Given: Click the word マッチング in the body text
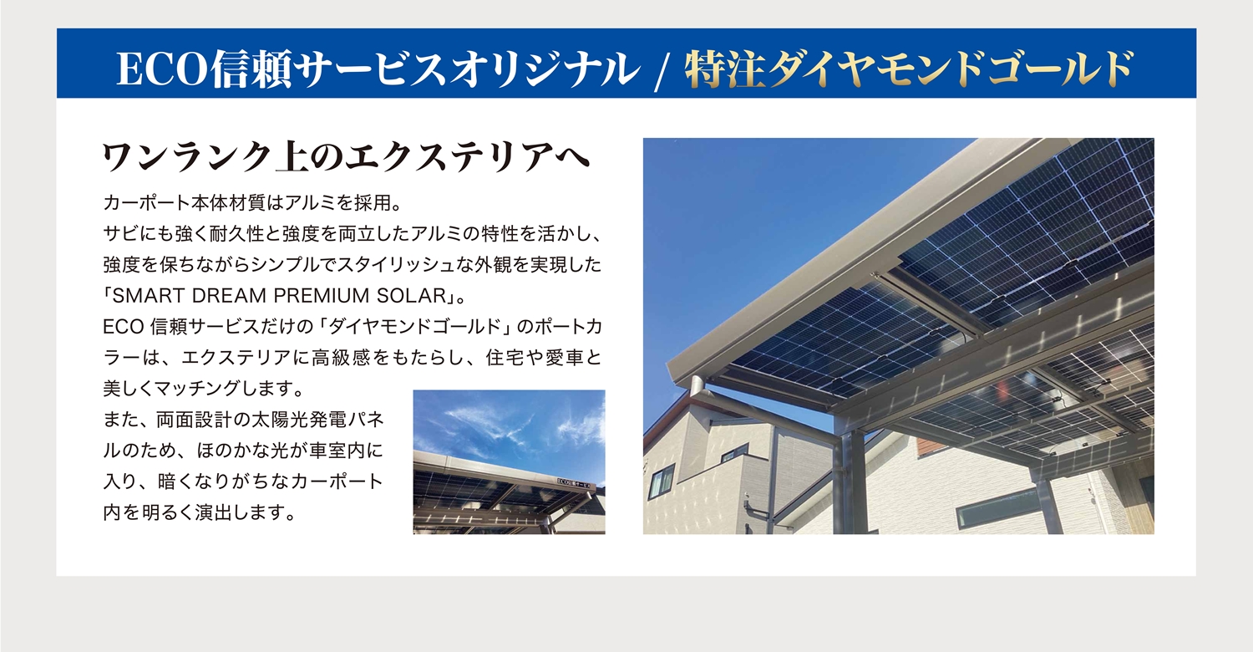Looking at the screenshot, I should [189, 390].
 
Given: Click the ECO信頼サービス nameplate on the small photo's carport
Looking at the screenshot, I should [576, 481].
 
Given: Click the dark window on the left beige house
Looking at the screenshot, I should [662, 481].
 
